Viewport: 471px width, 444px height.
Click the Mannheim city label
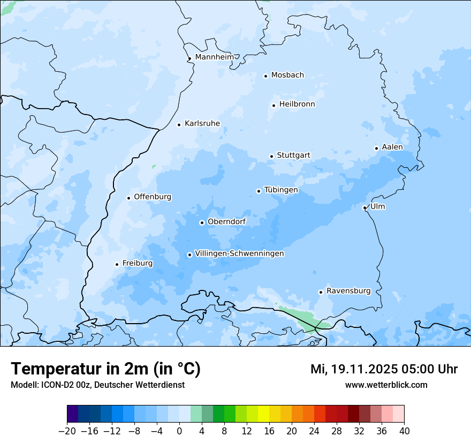pyautogui.click(x=214, y=57)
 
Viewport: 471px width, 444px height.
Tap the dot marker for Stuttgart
pyautogui.click(x=271, y=156)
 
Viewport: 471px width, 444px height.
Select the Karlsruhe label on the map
pyautogui.click(x=202, y=124)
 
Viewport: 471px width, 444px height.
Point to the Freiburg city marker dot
pyautogui.click(x=117, y=264)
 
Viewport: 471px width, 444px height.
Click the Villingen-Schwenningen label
pyautogui.click(x=239, y=254)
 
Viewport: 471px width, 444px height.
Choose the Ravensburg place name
pyautogui.click(x=348, y=291)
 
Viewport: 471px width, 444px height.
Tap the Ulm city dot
pyautogui.click(x=364, y=208)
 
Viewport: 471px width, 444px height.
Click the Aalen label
pyautogui.click(x=392, y=147)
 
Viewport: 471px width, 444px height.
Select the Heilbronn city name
pyautogui.click(x=297, y=104)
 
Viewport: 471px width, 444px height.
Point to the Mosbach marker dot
pyautogui.click(x=265, y=76)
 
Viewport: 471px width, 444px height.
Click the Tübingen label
pyautogui.click(x=281, y=190)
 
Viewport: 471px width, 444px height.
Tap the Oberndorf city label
pyautogui.click(x=226, y=221)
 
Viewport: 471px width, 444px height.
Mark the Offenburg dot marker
pyautogui.click(x=128, y=198)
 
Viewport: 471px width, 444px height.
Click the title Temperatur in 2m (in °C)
pyautogui.click(x=105, y=369)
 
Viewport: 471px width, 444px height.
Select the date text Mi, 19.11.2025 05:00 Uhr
pyautogui.click(x=384, y=369)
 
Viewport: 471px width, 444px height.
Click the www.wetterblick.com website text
pyautogui.click(x=386, y=385)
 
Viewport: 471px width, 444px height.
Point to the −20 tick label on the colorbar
pyautogui.click(x=67, y=431)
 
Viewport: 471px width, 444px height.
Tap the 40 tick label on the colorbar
pyautogui.click(x=404, y=431)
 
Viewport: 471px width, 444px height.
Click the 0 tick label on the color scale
pyautogui.click(x=179, y=431)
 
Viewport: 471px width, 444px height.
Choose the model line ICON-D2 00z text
pyautogui.click(x=97, y=385)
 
